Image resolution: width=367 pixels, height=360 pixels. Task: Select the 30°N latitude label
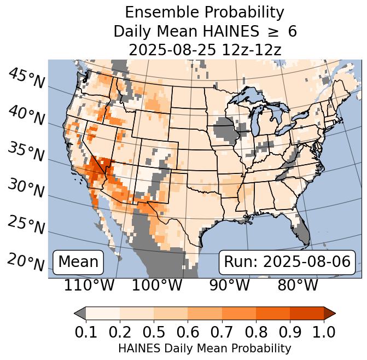[x=26, y=188]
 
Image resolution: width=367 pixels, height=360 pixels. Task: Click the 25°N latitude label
[x=26, y=225]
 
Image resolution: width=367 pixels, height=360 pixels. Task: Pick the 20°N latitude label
[x=26, y=262]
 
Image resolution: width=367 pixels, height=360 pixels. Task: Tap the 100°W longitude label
[x=157, y=285]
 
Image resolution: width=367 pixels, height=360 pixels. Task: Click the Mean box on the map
[x=78, y=262]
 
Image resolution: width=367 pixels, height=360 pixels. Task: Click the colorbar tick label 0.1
[x=86, y=332]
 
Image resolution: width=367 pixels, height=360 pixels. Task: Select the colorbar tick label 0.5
[x=154, y=332]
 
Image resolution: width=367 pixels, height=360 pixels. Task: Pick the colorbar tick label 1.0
[x=323, y=332]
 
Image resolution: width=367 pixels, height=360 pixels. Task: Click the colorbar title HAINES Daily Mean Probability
[x=205, y=348]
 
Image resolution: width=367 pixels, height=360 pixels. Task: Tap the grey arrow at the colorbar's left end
[x=80, y=313]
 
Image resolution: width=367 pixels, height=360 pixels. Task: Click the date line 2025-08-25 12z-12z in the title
[x=205, y=50]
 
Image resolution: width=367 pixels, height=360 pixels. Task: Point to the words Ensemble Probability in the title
[x=205, y=13]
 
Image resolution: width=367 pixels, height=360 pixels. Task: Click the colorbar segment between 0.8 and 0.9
[x=272, y=313]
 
